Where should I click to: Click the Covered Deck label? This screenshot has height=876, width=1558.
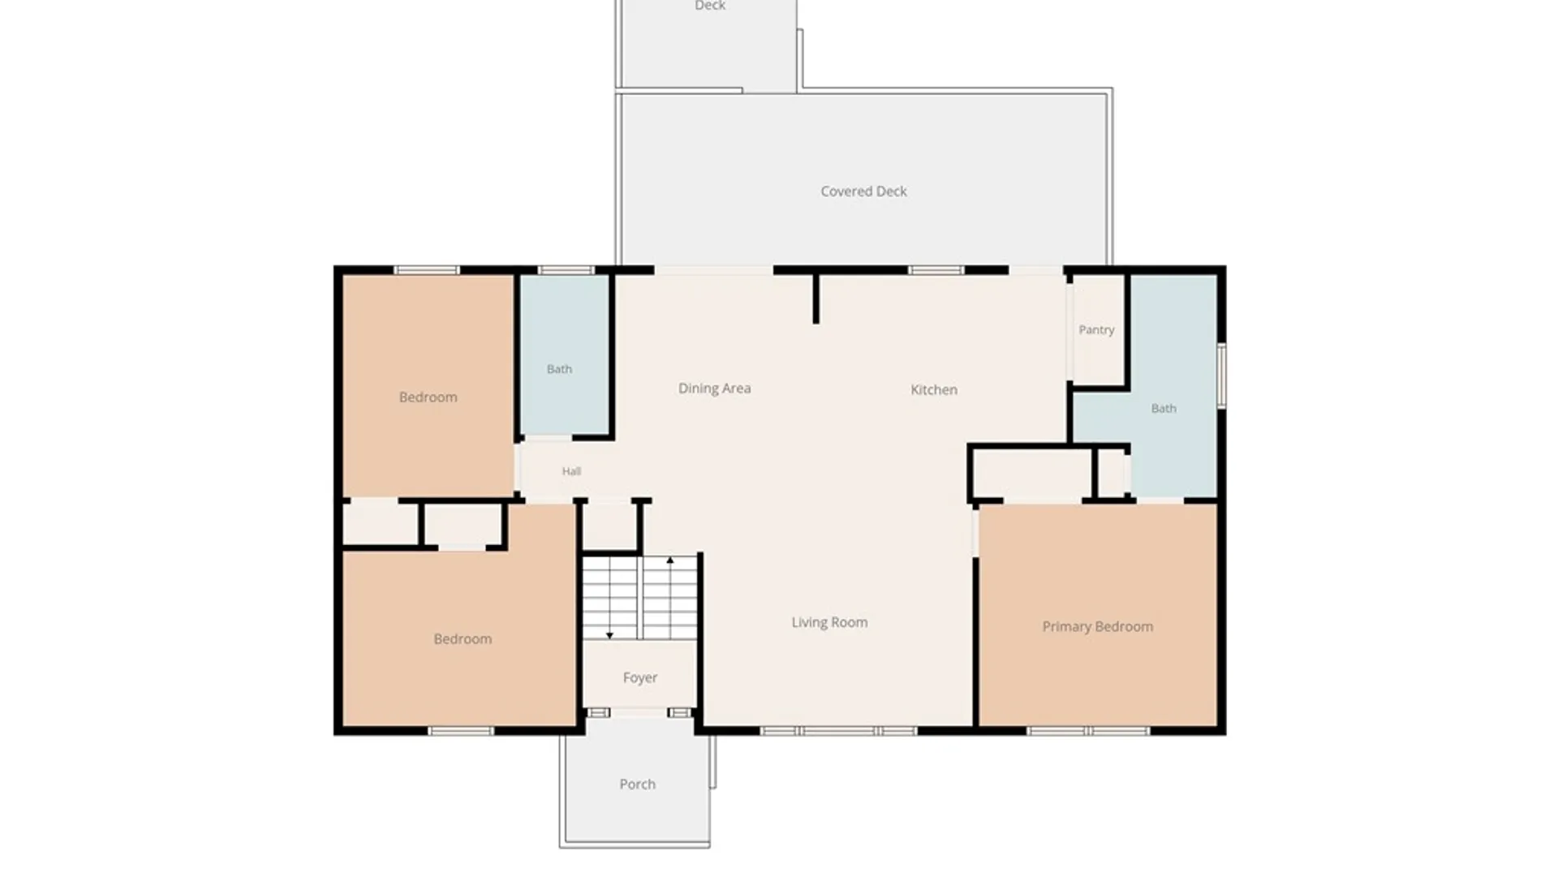[x=863, y=191]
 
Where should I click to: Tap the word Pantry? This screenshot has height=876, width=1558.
[x=1096, y=330]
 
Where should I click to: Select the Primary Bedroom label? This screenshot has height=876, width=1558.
[x=1097, y=626]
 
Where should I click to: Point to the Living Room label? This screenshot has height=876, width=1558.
[x=829, y=622]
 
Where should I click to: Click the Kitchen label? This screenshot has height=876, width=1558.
[x=934, y=389]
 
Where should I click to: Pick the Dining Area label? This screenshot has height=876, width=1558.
[x=714, y=389]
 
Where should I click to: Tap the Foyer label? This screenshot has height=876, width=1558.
[x=640, y=678]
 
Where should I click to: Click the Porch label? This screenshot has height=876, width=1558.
[x=637, y=784]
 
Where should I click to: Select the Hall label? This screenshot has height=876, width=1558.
[x=571, y=471]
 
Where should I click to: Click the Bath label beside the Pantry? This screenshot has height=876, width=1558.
[x=1164, y=409]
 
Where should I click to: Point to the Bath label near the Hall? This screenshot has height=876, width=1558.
[x=559, y=369]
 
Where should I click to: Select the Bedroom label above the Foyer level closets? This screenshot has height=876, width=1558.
[x=428, y=397]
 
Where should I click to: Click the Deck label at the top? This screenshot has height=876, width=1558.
[x=710, y=6]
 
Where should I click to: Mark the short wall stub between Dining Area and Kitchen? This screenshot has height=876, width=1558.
[x=816, y=298]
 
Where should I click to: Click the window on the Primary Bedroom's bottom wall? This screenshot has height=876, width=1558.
[x=1088, y=731]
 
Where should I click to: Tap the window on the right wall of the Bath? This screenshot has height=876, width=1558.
[x=1221, y=376]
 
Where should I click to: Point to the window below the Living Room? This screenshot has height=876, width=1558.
[x=838, y=731]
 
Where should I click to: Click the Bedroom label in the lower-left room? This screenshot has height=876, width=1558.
[x=463, y=639]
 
